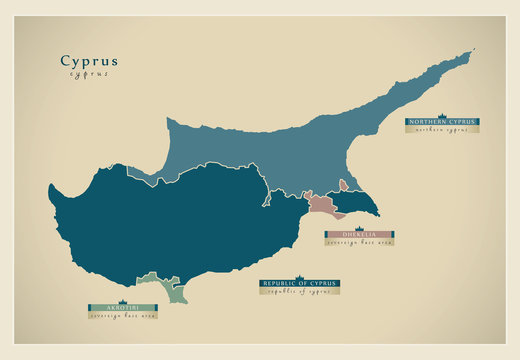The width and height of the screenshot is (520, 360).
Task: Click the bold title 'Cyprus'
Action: [89, 60]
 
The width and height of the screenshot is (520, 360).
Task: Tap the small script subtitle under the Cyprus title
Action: [89, 74]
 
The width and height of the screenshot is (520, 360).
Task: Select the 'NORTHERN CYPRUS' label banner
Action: [442, 121]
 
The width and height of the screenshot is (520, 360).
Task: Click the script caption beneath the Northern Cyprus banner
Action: [442, 129]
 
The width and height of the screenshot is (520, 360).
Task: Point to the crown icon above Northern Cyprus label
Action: [442, 114]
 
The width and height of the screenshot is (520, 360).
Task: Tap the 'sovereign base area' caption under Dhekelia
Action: [358, 241]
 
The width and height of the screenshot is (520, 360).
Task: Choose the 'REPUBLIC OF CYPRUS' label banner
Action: [299, 283]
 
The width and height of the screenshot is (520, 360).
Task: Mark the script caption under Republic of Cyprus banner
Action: [299, 291]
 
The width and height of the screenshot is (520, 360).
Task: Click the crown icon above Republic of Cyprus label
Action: [299, 276]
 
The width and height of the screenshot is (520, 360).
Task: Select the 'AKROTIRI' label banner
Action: [120, 307]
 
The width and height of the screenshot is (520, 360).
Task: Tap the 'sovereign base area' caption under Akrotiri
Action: [120, 315]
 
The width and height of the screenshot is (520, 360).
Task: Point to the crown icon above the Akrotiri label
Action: [120, 300]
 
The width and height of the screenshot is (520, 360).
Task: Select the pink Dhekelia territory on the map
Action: [322, 204]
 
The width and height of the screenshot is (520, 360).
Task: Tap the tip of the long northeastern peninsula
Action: [470, 53]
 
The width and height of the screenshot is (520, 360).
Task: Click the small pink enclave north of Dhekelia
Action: [343, 185]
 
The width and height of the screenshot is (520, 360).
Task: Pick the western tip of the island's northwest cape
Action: [50, 185]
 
